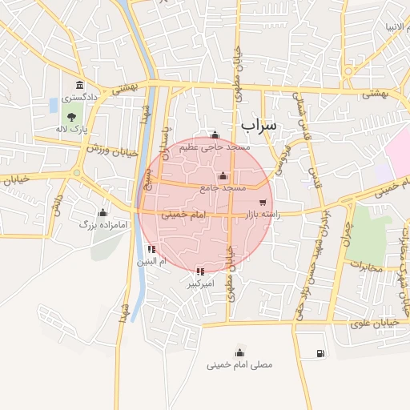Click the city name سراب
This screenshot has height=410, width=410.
257,125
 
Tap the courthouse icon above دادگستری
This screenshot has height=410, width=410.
78,86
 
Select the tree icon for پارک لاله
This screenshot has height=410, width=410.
71,117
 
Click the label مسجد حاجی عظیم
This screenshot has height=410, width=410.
214,147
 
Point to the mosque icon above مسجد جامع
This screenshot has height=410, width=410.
223,176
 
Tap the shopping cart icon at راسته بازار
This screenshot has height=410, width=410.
263,203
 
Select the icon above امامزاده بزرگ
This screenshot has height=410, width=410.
102,212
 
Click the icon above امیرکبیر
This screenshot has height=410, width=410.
199,271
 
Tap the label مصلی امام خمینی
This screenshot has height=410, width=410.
239,364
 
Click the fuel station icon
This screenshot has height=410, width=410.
321,353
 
